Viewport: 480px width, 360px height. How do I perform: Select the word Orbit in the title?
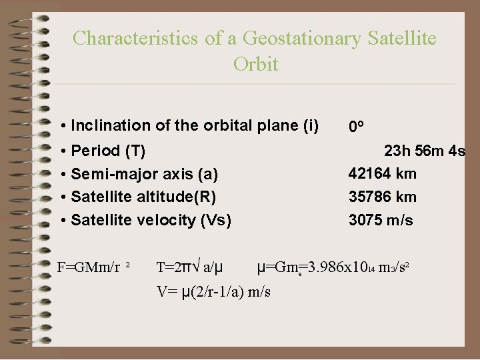[x=256, y=65]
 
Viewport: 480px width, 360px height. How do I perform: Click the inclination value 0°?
[x=356, y=127]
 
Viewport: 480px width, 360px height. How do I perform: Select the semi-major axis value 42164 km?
[x=382, y=174]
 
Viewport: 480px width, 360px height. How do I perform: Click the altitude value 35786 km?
[x=382, y=197]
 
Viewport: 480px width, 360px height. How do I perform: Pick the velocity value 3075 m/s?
[x=380, y=219]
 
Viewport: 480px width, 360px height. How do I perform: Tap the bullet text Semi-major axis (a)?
[x=144, y=174]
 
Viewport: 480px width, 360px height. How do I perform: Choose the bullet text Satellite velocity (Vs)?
[x=151, y=219]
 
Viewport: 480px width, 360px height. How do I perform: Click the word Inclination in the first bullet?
[x=103, y=125]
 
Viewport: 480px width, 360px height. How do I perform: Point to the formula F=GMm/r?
[x=89, y=268]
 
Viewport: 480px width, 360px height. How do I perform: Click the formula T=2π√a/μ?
[x=189, y=268]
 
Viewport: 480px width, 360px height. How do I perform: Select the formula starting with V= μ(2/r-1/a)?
[x=213, y=291]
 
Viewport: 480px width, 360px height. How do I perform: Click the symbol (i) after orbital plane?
[x=310, y=125]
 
